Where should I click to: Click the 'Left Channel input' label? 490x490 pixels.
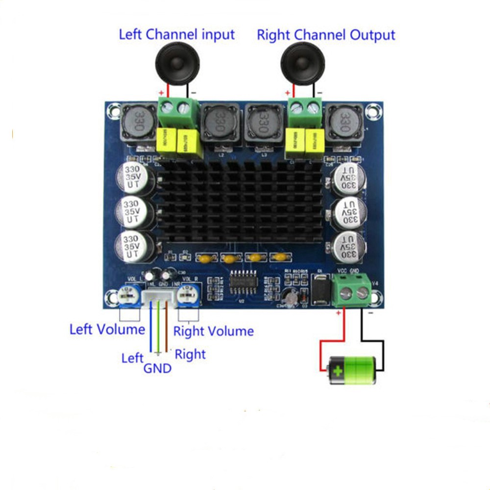tap(177, 35)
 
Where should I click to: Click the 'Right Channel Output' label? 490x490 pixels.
tap(326, 35)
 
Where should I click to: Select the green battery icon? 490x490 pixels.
tap(352, 370)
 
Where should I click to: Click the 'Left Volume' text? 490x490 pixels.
tap(107, 329)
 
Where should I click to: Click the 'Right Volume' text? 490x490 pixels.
tap(214, 332)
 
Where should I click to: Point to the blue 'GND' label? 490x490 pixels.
tap(157, 368)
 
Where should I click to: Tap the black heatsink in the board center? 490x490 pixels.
tap(240, 203)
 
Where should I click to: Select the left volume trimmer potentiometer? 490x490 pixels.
tap(128, 295)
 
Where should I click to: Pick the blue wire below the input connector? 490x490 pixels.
tap(151, 328)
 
